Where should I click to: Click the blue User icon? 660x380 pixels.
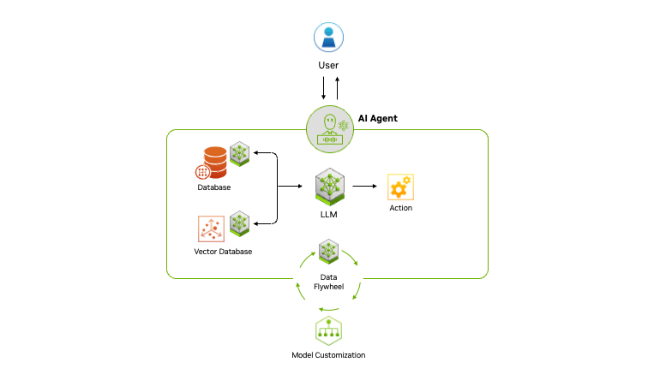pyautogui.click(x=329, y=37)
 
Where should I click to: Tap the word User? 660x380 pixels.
pyautogui.click(x=329, y=65)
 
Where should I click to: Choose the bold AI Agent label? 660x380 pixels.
pyautogui.click(x=378, y=118)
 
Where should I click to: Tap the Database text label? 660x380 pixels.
pyautogui.click(x=213, y=187)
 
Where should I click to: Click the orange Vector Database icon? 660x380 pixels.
pyautogui.click(x=210, y=229)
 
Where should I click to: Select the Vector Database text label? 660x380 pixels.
pyautogui.click(x=223, y=252)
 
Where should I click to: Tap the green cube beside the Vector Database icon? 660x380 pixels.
pyautogui.click(x=239, y=223)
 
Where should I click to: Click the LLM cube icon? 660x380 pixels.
pyautogui.click(x=329, y=187)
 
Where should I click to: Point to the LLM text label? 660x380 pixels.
pyautogui.click(x=329, y=215)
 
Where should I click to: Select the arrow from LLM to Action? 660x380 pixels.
pyautogui.click(x=365, y=186)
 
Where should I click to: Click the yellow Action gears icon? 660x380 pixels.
pyautogui.click(x=400, y=187)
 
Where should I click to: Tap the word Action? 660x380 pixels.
pyautogui.click(x=401, y=207)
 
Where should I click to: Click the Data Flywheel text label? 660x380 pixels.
pyautogui.click(x=329, y=282)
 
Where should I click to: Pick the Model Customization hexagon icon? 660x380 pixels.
pyautogui.click(x=329, y=330)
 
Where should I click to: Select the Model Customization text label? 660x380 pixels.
pyautogui.click(x=328, y=355)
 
